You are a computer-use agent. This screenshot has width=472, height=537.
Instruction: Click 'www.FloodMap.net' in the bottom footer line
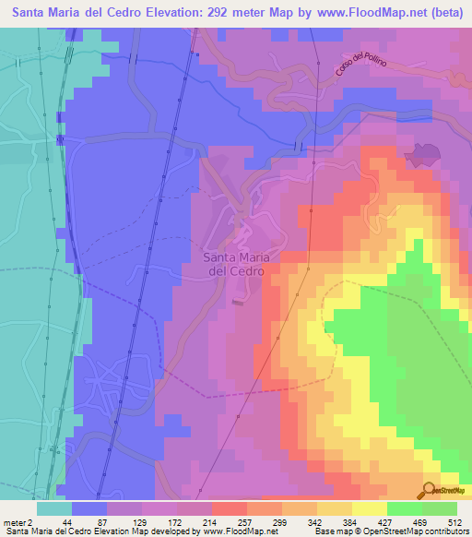(x=238, y=531)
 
